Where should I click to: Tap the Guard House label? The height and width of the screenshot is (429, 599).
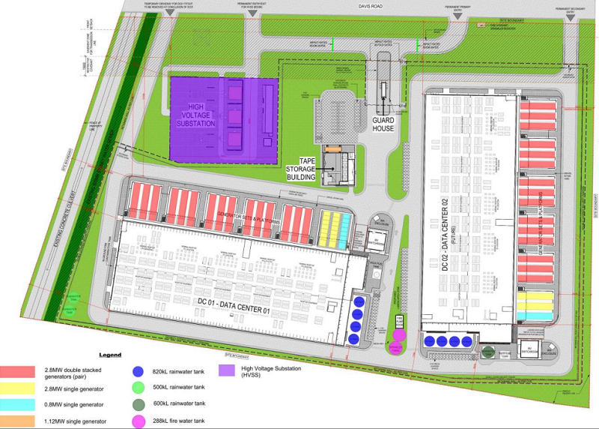coord(383,124)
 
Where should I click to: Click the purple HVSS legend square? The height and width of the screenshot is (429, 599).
coord(224,369)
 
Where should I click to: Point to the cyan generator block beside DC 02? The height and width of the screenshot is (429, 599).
coord(537,316)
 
